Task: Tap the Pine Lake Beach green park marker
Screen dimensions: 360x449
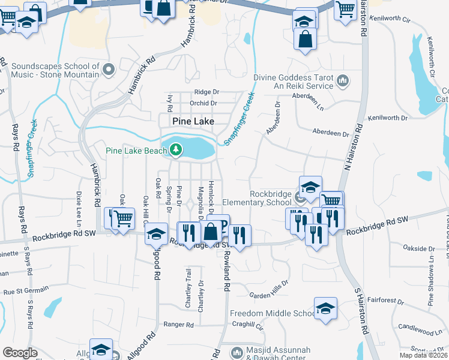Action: (176, 149)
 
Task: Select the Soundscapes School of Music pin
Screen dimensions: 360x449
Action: (109, 70)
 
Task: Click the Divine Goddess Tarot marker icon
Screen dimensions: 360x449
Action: (343, 80)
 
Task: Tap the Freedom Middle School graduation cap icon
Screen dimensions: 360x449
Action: (325, 309)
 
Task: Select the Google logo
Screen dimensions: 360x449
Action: (20, 353)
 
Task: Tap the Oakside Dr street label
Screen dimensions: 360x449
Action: (419, 248)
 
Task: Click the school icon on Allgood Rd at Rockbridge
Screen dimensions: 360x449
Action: (156, 233)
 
